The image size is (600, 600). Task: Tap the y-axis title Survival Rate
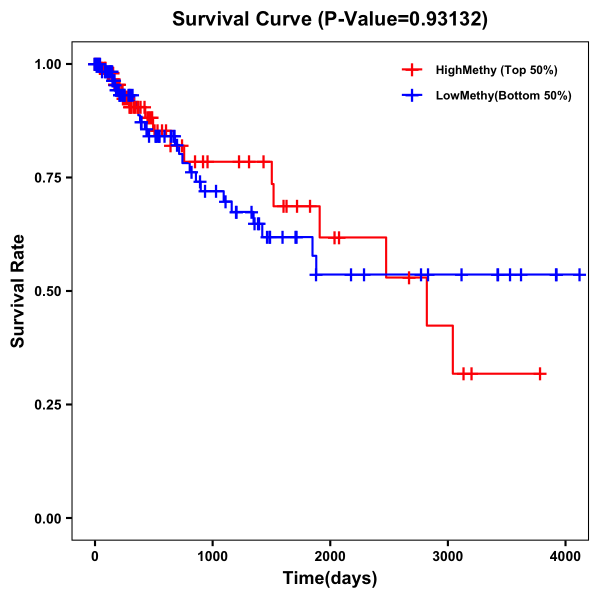pos(18,291)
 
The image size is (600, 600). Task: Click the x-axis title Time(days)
pos(330,578)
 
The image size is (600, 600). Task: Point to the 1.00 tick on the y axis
pos(47,64)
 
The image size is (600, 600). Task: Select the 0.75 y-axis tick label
pos(47,177)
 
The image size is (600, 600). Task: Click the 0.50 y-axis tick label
pos(47,291)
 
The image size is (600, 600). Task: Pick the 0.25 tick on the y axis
pos(47,404)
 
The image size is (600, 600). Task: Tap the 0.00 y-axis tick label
pos(47,518)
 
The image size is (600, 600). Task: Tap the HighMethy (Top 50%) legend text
pos(496,70)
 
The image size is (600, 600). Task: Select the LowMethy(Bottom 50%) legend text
pos(503,95)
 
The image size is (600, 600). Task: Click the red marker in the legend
pos(412,70)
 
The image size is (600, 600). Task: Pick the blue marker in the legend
pos(412,95)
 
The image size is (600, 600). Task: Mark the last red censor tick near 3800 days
pos(540,373)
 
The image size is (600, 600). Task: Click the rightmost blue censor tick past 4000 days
pos(579,274)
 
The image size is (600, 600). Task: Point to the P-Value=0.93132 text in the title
pos(404,19)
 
